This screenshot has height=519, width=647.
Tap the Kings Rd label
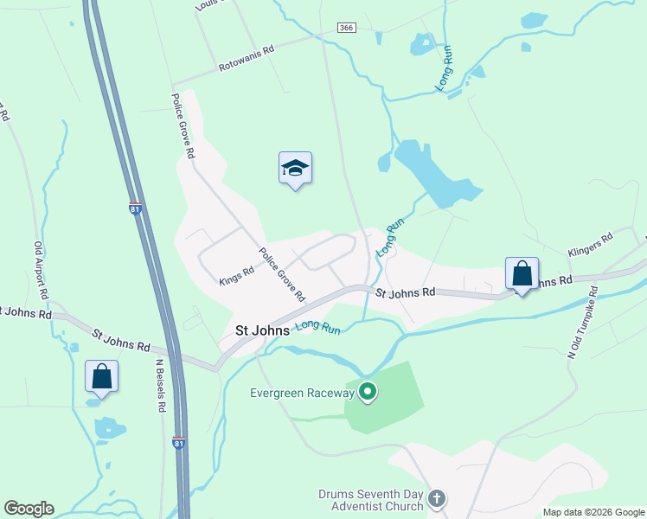click(236, 275)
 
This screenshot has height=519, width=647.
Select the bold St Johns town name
click(262, 330)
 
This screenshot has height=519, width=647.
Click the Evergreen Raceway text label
click(302, 393)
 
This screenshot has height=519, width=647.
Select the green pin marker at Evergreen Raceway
click(368, 393)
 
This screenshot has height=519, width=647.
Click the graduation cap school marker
click(295, 169)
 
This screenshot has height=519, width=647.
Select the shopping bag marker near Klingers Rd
click(522, 274)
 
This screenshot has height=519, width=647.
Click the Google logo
click(29, 509)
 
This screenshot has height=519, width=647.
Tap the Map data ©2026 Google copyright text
click(593, 512)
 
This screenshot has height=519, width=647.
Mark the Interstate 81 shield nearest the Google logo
click(178, 443)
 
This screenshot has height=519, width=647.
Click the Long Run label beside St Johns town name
click(318, 327)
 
